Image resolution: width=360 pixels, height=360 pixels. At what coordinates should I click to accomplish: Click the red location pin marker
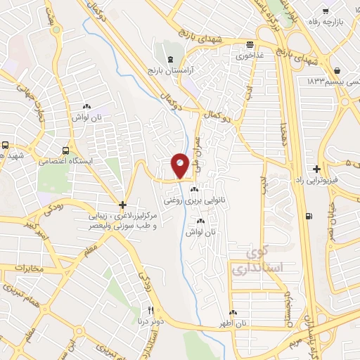(180, 165)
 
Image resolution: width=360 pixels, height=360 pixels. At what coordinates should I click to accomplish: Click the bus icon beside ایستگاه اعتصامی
(65, 150)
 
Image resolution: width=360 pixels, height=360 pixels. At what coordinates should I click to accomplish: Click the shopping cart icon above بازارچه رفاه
(325, 11)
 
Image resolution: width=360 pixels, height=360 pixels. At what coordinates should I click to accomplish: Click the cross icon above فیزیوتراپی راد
(317, 169)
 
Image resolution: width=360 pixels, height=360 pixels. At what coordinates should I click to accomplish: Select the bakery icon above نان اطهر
(233, 312)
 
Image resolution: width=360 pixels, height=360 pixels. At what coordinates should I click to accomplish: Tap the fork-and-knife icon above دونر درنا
(150, 311)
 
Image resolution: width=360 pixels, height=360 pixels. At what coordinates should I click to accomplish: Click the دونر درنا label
(150, 321)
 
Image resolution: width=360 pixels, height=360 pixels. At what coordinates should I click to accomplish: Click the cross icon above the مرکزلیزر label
(122, 202)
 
